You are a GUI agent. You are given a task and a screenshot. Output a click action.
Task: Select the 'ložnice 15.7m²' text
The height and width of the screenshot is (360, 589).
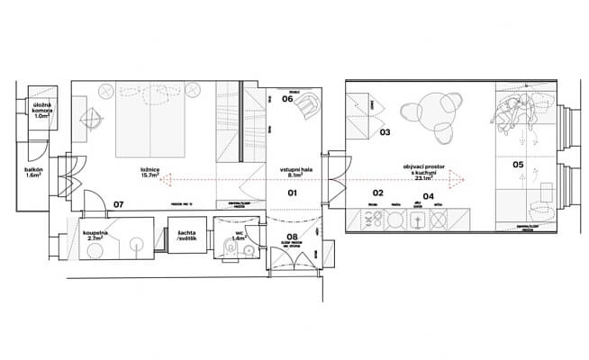tap(150, 172)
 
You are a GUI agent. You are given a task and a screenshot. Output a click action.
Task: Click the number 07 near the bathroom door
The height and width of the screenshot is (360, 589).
tap(118, 204)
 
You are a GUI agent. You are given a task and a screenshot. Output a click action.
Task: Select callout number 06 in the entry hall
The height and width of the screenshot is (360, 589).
tap(288, 99)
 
